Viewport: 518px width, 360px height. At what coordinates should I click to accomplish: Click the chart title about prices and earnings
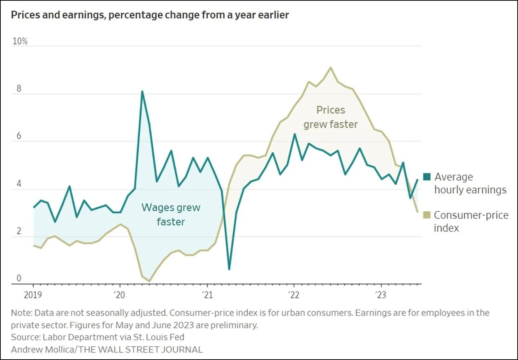(x=150, y=15)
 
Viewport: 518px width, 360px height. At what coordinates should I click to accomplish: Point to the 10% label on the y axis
(x=20, y=41)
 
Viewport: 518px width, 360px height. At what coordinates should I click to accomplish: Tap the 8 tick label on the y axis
(x=19, y=89)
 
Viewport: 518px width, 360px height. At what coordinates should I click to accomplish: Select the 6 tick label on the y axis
(x=19, y=136)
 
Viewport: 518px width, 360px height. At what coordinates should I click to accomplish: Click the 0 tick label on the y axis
(x=19, y=278)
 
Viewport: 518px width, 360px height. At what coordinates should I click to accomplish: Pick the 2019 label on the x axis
(x=33, y=295)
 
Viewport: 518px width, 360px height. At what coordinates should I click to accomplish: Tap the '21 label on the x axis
(x=208, y=295)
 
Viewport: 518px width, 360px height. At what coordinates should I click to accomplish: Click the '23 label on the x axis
(x=380, y=295)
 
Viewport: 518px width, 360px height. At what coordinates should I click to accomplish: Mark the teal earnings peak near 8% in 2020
(x=142, y=91)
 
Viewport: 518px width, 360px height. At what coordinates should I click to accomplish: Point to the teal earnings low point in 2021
(x=229, y=269)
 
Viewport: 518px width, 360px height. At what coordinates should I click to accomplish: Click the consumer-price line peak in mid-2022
(x=330, y=68)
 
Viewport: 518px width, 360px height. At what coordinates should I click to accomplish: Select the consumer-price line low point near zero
(x=149, y=281)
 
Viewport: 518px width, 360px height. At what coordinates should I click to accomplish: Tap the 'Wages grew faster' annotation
(x=171, y=215)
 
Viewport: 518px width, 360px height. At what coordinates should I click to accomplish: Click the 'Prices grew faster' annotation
(x=330, y=117)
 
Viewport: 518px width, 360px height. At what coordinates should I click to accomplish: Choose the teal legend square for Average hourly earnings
(x=427, y=177)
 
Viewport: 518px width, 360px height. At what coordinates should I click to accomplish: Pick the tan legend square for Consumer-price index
(x=427, y=215)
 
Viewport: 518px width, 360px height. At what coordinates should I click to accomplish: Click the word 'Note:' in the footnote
(x=22, y=313)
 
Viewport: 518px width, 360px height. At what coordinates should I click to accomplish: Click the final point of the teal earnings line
(x=418, y=179)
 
